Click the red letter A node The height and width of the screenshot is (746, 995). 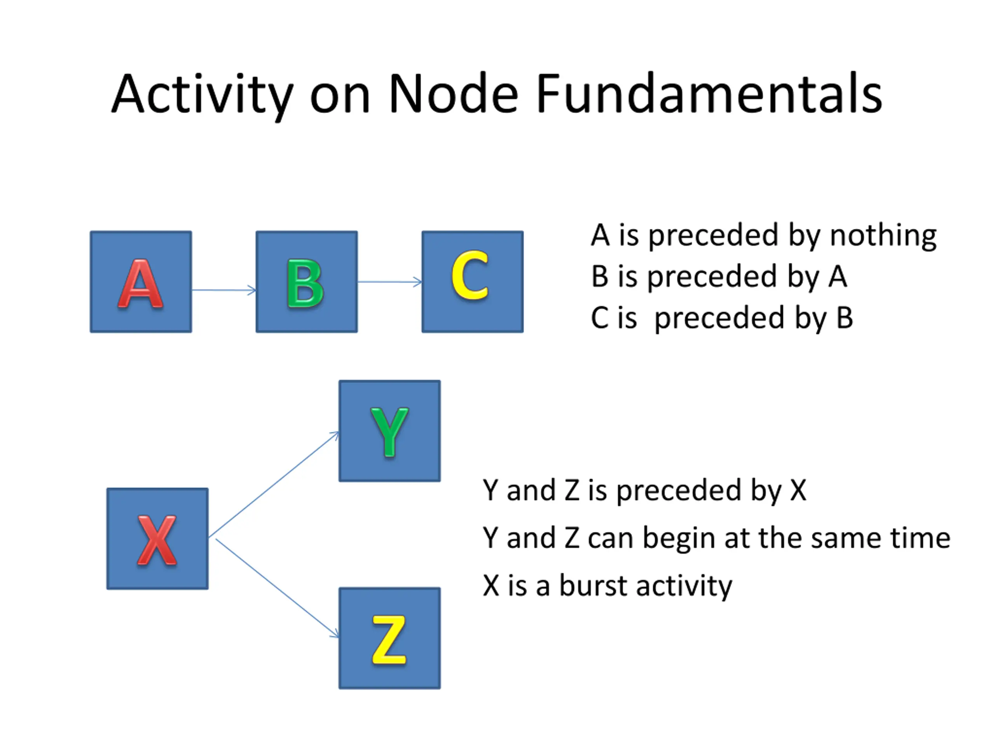pos(141,282)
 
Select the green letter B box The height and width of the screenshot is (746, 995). pos(307,282)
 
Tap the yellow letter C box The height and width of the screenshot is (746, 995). pos(473,282)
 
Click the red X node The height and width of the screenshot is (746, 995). pos(157,539)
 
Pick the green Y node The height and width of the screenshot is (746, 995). pos(389,431)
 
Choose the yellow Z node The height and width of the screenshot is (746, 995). pos(389,638)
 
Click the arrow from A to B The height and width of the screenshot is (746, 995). pos(224,290)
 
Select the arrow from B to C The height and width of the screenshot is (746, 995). pos(390,282)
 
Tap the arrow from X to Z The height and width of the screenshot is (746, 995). pos(278,588)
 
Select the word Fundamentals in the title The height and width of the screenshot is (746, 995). pos(709,94)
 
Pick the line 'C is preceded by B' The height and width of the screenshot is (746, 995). pos(722,318)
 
